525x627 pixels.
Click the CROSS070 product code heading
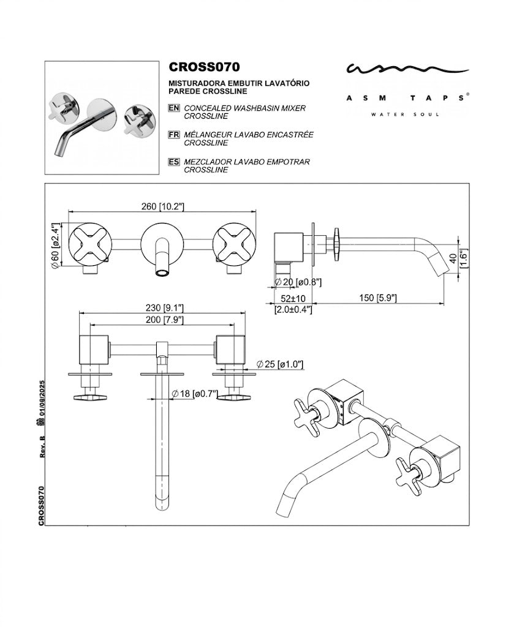click(204, 67)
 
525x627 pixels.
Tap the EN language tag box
click(174, 108)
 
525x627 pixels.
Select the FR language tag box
click(174, 135)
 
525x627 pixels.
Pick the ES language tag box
click(174, 162)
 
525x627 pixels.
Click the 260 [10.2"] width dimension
click(162, 206)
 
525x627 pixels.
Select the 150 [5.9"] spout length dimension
click(378, 298)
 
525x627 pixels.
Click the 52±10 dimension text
click(293, 299)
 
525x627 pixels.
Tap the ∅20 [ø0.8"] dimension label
click(298, 282)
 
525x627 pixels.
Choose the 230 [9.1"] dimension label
click(164, 308)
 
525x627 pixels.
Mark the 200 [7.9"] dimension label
click(164, 320)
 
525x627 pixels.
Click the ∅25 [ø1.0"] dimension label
click(280, 364)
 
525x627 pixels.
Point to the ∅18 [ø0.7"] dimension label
click(195, 394)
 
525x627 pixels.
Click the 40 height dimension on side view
click(453, 258)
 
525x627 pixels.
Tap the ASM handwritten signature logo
click(407, 69)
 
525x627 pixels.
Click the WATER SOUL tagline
click(405, 115)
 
